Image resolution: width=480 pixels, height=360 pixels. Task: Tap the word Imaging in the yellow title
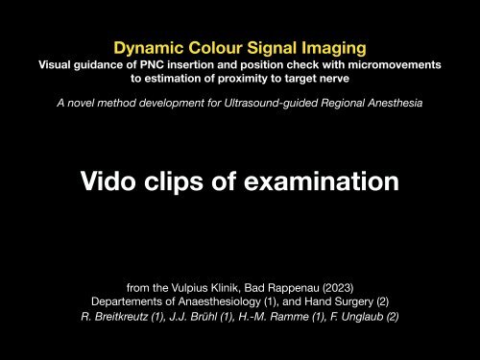[336, 46]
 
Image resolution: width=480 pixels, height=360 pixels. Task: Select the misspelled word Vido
[109, 180]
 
